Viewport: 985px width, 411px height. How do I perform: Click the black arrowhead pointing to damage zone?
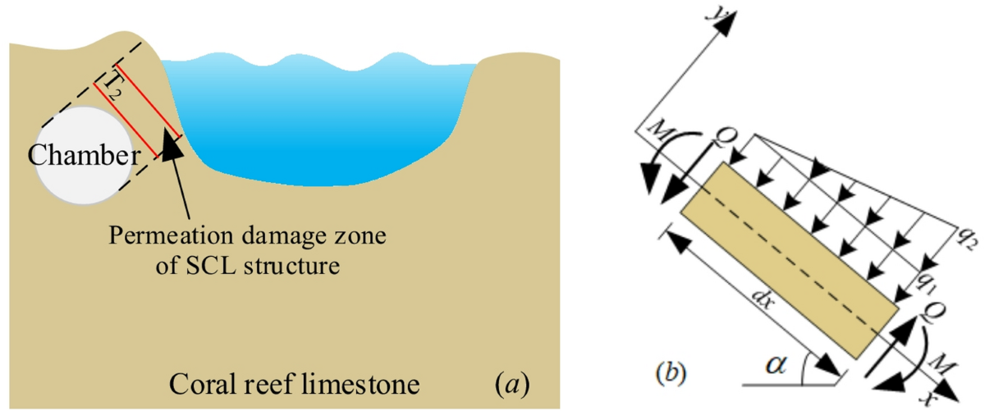172,147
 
